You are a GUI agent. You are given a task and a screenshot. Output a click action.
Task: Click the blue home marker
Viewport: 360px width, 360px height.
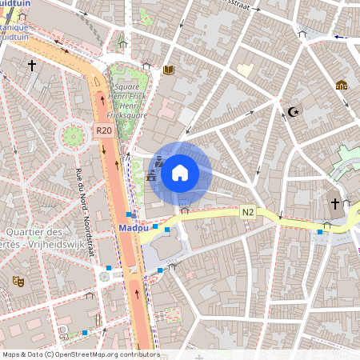(179, 173)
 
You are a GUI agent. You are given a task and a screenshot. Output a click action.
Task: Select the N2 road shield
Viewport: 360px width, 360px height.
(248, 212)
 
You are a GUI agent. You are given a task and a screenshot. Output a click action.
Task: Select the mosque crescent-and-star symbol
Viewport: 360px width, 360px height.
(291, 111)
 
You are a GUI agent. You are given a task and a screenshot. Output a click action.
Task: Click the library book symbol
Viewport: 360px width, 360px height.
(168, 70)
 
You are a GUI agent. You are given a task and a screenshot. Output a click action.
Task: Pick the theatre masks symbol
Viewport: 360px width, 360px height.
(18, 282)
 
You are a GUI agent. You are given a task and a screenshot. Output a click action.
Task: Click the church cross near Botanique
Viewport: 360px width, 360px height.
(32, 65)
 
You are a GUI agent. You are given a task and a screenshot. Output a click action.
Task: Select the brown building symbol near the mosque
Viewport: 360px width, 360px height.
(342, 85)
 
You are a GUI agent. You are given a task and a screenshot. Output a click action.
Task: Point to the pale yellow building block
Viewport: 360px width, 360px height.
(245, 70)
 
